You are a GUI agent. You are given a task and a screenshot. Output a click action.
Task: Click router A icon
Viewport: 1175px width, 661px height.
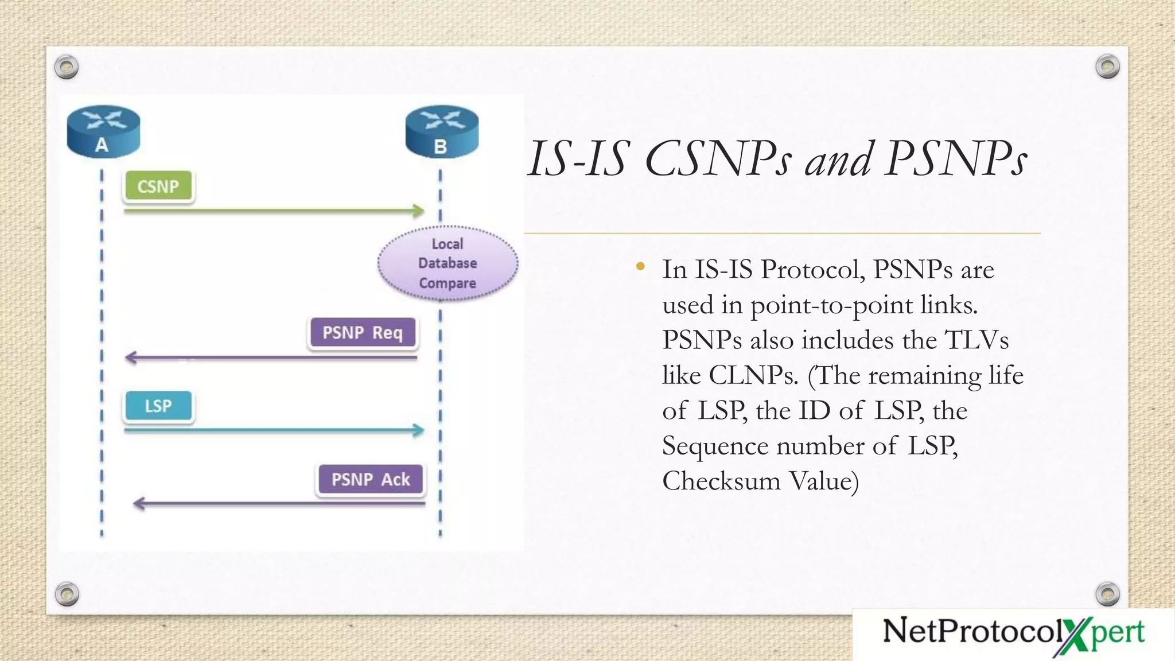pos(103,132)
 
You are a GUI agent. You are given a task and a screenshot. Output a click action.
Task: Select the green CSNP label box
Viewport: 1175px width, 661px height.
pos(158,186)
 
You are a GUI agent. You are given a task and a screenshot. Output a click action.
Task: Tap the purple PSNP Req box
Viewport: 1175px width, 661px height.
pos(363,332)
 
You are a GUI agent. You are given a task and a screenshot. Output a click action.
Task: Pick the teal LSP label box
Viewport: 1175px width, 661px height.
pos(158,406)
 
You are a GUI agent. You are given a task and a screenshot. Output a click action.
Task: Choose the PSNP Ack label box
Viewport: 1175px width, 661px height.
pos(371,479)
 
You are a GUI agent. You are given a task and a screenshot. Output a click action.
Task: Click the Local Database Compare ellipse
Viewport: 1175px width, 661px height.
pos(448,263)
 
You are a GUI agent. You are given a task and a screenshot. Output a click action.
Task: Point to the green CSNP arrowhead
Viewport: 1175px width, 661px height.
pos(419,211)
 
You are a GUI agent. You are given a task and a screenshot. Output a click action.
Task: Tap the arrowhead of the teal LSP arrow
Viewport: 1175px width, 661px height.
pos(419,430)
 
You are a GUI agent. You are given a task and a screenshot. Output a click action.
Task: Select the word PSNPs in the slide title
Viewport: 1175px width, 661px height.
pos(955,159)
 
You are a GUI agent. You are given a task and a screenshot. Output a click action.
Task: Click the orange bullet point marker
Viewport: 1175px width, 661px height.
pos(641,266)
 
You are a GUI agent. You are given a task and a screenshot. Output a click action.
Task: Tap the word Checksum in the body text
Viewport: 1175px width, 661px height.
pos(721,481)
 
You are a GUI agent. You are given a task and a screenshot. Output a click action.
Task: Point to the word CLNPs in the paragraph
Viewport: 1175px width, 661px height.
pos(753,375)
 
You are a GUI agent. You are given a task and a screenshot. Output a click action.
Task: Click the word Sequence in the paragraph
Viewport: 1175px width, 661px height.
pos(715,446)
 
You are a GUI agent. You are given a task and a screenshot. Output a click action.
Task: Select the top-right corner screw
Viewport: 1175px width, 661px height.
pos(1107,67)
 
